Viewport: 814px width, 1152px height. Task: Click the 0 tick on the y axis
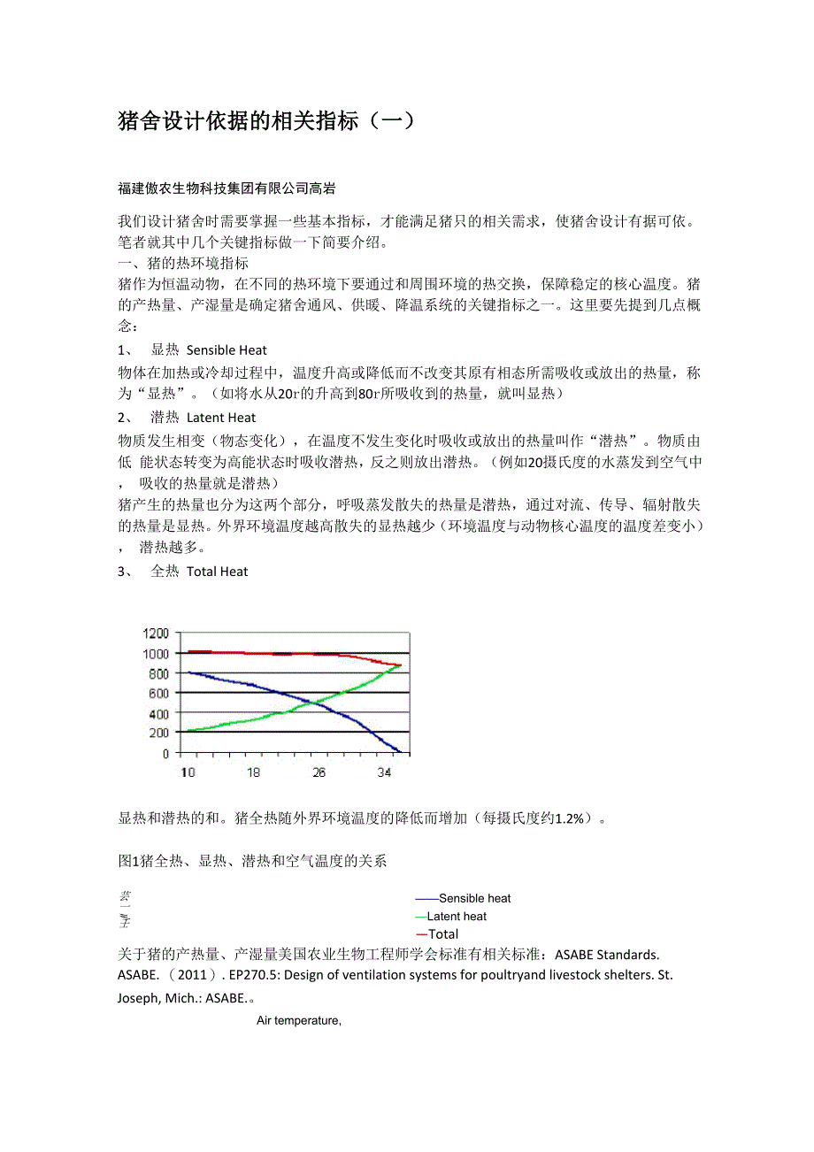click(x=164, y=753)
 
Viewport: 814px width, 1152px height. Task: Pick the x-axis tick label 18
click(x=253, y=772)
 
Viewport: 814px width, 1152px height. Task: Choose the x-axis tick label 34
click(x=384, y=772)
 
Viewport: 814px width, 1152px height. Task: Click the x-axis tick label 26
click(x=319, y=772)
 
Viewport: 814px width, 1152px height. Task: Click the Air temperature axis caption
click(x=299, y=1020)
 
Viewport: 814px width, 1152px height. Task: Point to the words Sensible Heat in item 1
click(x=227, y=350)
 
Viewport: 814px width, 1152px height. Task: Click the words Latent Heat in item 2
click(x=221, y=418)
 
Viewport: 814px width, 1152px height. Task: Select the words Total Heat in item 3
click(x=218, y=572)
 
